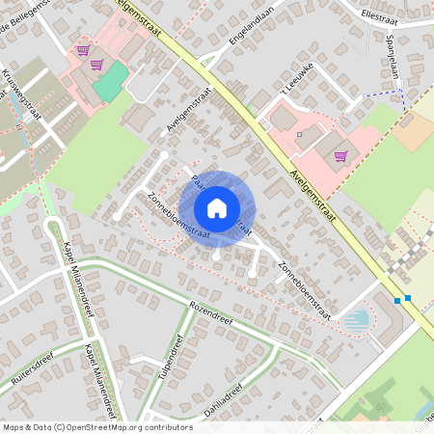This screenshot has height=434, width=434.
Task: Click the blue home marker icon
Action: tap(217, 207)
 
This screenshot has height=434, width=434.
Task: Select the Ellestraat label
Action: tap(380, 16)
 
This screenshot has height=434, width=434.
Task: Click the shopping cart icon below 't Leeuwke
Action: tap(339, 155)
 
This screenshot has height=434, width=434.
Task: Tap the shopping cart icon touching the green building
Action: tap(96, 66)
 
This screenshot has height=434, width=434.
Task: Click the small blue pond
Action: tap(356, 318)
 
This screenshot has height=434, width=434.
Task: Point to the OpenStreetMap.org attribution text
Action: tap(128, 426)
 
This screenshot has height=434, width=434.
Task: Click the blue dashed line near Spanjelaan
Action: tap(386, 95)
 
